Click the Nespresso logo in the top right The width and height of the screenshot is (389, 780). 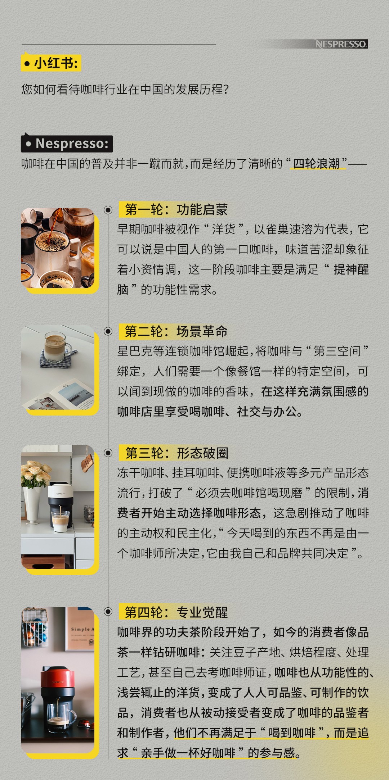(x=341, y=44)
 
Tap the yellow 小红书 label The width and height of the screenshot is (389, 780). (x=51, y=63)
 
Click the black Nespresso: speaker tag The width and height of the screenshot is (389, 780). (x=67, y=143)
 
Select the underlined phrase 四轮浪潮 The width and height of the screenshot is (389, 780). (x=316, y=164)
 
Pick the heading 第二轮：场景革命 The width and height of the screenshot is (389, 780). (x=176, y=331)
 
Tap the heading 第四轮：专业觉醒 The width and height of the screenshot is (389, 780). (x=176, y=612)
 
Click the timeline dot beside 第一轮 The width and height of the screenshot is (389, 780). (x=108, y=210)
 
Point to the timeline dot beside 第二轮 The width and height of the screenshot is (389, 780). (x=108, y=331)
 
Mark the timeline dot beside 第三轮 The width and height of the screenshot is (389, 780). (x=108, y=453)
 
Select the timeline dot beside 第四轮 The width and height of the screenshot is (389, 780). (x=108, y=612)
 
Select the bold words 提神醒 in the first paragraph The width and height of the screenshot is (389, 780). (x=351, y=269)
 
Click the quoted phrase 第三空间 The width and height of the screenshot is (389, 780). (x=337, y=351)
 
